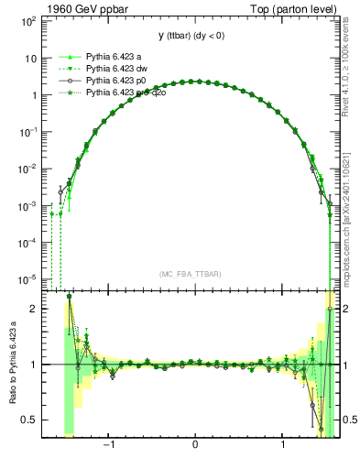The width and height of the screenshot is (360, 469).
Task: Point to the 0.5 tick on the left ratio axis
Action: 29,420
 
